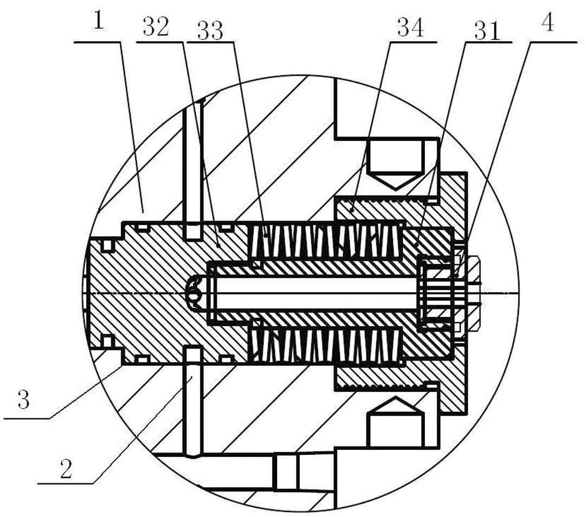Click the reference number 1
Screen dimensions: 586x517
click(99, 21)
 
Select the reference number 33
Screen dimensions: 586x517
click(210, 30)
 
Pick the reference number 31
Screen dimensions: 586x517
click(487, 31)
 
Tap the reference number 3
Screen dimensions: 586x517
click(23, 399)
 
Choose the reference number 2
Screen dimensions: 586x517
click(66, 469)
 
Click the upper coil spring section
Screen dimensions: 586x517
click(326, 241)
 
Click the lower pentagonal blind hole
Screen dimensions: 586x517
click(396, 422)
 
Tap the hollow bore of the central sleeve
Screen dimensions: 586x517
click(316, 293)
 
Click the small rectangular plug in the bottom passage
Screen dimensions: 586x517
click(287, 471)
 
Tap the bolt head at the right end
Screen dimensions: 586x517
click(473, 293)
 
